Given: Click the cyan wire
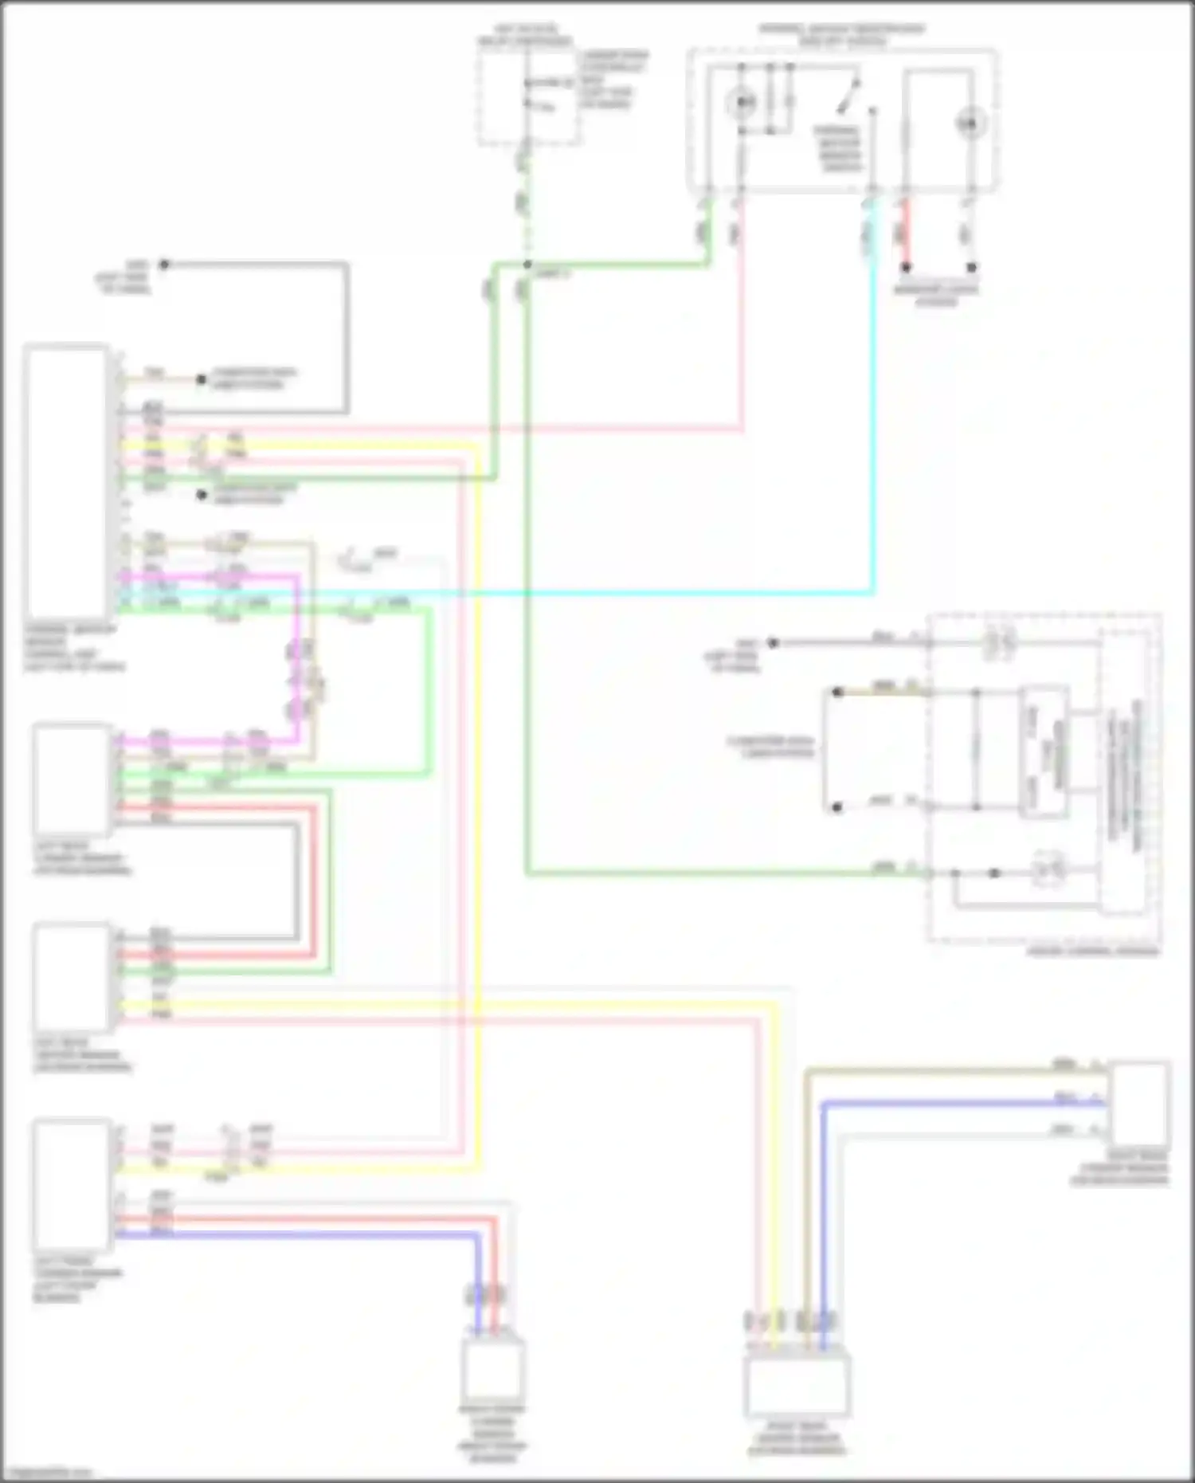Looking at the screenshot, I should point(637,593).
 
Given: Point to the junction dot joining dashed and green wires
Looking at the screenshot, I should point(527,265).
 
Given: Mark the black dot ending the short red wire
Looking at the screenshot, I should point(906,267).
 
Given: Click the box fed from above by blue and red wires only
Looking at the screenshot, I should point(493,1368).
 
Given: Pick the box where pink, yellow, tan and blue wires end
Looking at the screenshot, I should point(797,1385).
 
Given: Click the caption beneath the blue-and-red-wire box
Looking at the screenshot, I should point(492,1434).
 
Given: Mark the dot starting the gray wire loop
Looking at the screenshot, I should point(164,264).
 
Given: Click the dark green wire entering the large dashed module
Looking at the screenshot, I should point(717,874).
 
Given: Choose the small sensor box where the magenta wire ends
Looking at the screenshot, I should point(72,778).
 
